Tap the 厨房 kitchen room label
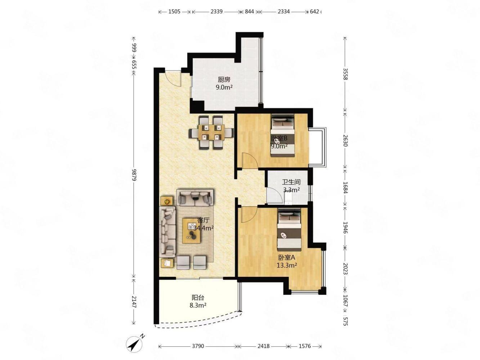(x=224, y=79)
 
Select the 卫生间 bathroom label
(x=291, y=182)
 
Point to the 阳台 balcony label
(x=198, y=297)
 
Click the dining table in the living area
(x=211, y=132)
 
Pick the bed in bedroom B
(x=283, y=135)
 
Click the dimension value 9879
(x=134, y=175)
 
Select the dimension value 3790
(x=198, y=346)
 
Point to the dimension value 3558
(x=345, y=74)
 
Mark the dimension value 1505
(x=174, y=12)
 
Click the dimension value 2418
(x=263, y=346)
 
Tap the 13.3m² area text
(x=287, y=265)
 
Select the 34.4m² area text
(x=203, y=228)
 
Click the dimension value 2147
(x=134, y=302)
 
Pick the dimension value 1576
(x=305, y=346)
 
